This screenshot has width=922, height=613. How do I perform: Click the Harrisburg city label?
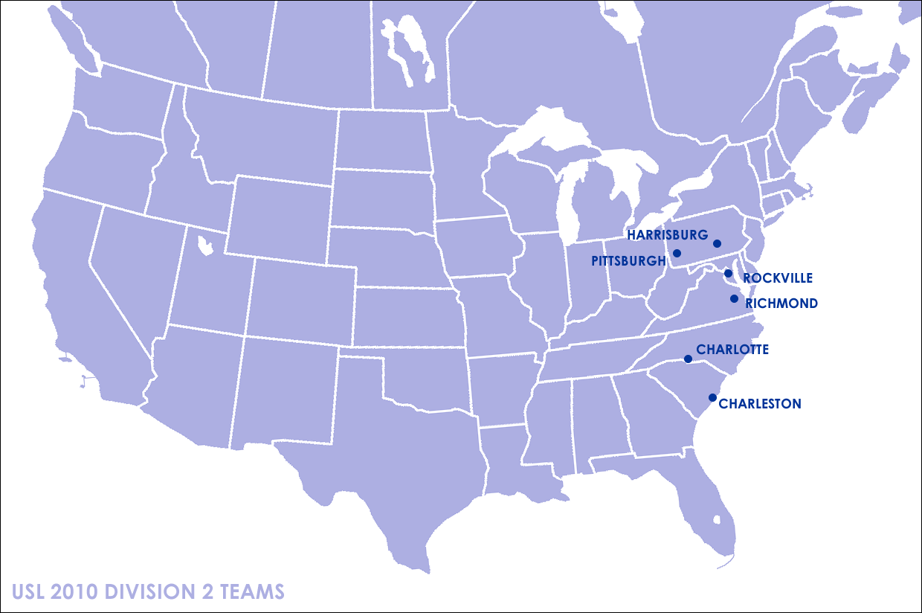coord(667,235)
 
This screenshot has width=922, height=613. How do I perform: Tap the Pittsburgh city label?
coord(628,261)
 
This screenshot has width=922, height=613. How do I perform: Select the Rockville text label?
coord(778,278)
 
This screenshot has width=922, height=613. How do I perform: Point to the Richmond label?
coord(781,304)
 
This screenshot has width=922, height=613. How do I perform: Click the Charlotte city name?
coord(732,350)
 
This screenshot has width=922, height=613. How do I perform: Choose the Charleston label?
coord(760,404)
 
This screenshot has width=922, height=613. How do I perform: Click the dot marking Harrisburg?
coord(717,243)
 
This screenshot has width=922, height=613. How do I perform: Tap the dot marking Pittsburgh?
coord(677,254)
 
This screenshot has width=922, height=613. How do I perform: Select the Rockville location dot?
coord(729,274)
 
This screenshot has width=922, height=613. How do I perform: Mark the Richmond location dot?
coord(734,299)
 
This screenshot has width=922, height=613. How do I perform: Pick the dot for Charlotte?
coord(688,359)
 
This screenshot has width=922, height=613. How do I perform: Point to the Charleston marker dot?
coord(712,397)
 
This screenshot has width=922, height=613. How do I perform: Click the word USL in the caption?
coord(28,592)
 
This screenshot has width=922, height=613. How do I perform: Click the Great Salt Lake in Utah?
coord(202,243)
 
